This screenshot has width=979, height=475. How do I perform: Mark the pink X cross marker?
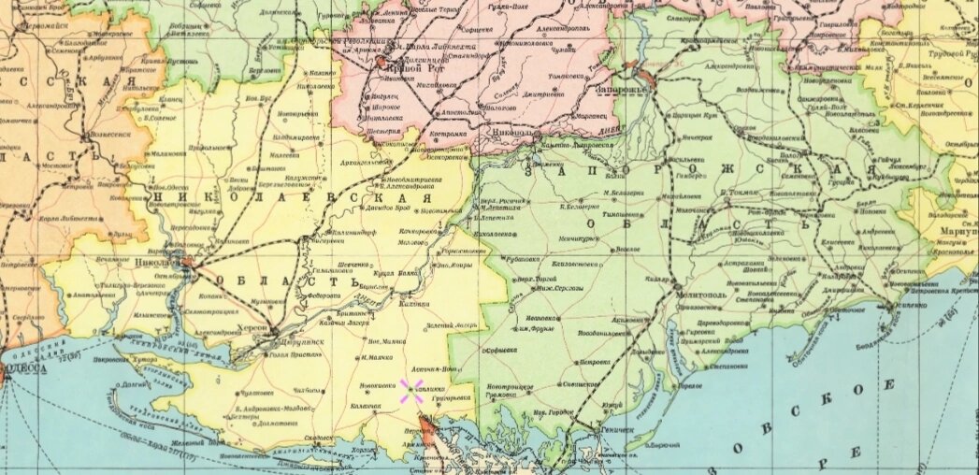[410, 391]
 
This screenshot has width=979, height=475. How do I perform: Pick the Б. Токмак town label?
[741, 191]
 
